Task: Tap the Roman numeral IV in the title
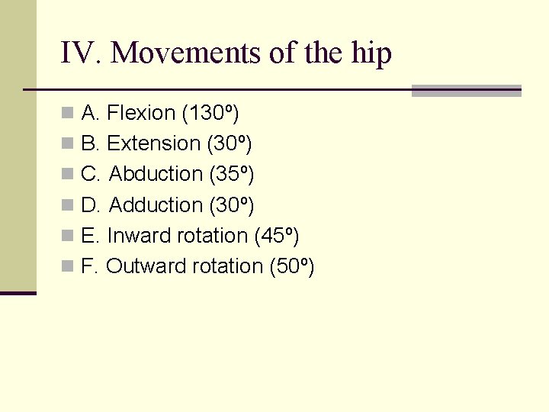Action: point(82,53)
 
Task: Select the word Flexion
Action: point(141,114)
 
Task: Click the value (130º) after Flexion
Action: point(210,114)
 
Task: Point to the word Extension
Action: point(153,144)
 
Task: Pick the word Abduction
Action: point(156,175)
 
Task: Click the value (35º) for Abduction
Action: point(231,175)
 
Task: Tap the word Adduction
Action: point(156,205)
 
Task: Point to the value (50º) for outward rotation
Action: point(292,266)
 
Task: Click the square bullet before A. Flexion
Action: point(69,114)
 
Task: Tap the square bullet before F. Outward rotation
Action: point(69,267)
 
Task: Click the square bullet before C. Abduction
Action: point(69,175)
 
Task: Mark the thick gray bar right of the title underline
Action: point(466,91)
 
